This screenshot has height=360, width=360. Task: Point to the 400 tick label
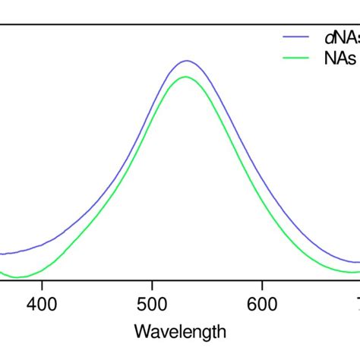coord(42,305)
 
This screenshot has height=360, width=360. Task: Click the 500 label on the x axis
coord(152,305)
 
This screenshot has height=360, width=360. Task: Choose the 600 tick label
coord(262,305)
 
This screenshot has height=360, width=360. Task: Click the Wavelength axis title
coord(179,332)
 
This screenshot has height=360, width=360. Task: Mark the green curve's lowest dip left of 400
coord(21,277)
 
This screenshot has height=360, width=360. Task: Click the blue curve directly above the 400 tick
coord(42,245)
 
